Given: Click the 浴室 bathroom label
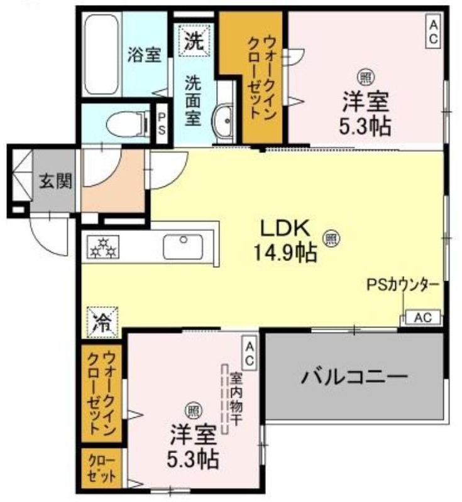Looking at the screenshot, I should tap(145, 55).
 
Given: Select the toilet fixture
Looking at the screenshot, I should tap(126, 124).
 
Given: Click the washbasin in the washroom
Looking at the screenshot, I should tap(224, 119).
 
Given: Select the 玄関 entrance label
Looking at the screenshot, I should tap(56, 180).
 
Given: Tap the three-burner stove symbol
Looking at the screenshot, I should tap(102, 247).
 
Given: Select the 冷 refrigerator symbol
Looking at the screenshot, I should tap(100, 322).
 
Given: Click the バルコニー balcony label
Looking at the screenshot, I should tap(353, 377).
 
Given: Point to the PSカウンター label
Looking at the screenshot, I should tap(402, 284).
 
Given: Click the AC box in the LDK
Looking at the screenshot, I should tap(422, 318).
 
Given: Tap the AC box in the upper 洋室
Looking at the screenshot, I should tap(433, 30).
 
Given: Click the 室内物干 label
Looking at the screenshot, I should tap(236, 398).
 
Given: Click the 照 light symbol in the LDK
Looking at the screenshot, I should tap(331, 238).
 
